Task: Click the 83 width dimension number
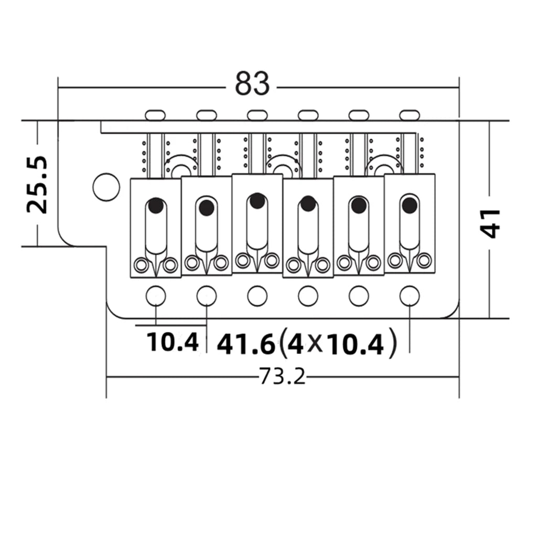tap(252, 83)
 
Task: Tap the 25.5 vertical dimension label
tap(37, 185)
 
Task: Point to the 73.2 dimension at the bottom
tap(282, 377)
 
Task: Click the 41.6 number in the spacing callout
tap(246, 345)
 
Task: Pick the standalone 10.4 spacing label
tap(172, 342)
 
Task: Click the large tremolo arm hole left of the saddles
tap(106, 187)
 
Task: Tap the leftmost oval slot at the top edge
tap(155, 115)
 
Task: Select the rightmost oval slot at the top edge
tap(410, 115)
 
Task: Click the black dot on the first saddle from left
tap(156, 206)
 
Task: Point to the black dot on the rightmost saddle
tap(410, 205)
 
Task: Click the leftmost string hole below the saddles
tap(156, 296)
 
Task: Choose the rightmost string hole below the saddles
tap(410, 296)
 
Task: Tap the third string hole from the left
tap(257, 296)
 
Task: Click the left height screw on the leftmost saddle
tap(141, 265)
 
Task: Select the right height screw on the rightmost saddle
tap(424, 261)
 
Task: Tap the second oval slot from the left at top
tap(207, 115)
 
